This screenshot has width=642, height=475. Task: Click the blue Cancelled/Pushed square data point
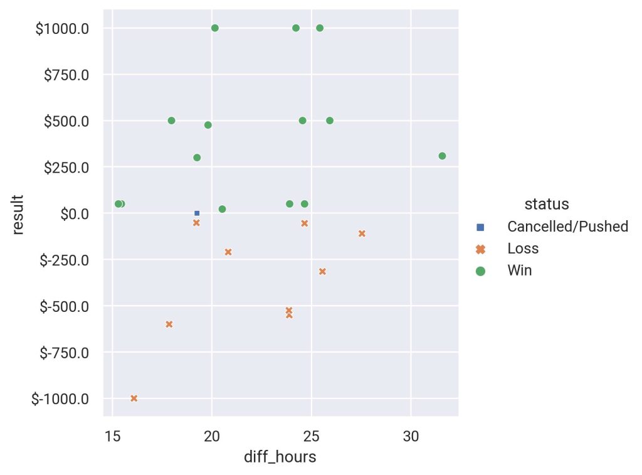(x=197, y=213)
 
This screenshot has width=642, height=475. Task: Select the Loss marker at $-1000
(x=134, y=398)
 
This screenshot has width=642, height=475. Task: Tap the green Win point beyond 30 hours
(x=442, y=156)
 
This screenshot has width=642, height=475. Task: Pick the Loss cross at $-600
(x=169, y=324)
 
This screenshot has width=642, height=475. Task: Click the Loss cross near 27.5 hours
(x=362, y=233)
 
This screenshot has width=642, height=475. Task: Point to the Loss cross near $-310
(x=322, y=272)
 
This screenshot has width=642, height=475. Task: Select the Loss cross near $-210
(x=228, y=252)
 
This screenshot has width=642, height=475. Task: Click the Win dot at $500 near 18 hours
(x=171, y=120)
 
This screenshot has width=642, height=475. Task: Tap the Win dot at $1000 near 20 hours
(x=215, y=28)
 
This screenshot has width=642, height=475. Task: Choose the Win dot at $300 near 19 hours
(x=197, y=157)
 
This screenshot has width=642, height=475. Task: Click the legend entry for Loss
(x=523, y=248)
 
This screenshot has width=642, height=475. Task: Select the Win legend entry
(x=520, y=271)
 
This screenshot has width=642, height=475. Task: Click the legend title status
(x=547, y=204)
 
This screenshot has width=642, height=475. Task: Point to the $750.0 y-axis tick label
(x=66, y=75)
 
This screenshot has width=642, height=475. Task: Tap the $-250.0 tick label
(x=62, y=260)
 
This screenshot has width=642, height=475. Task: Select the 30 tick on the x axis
(x=411, y=435)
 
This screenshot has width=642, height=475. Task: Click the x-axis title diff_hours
(x=280, y=457)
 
